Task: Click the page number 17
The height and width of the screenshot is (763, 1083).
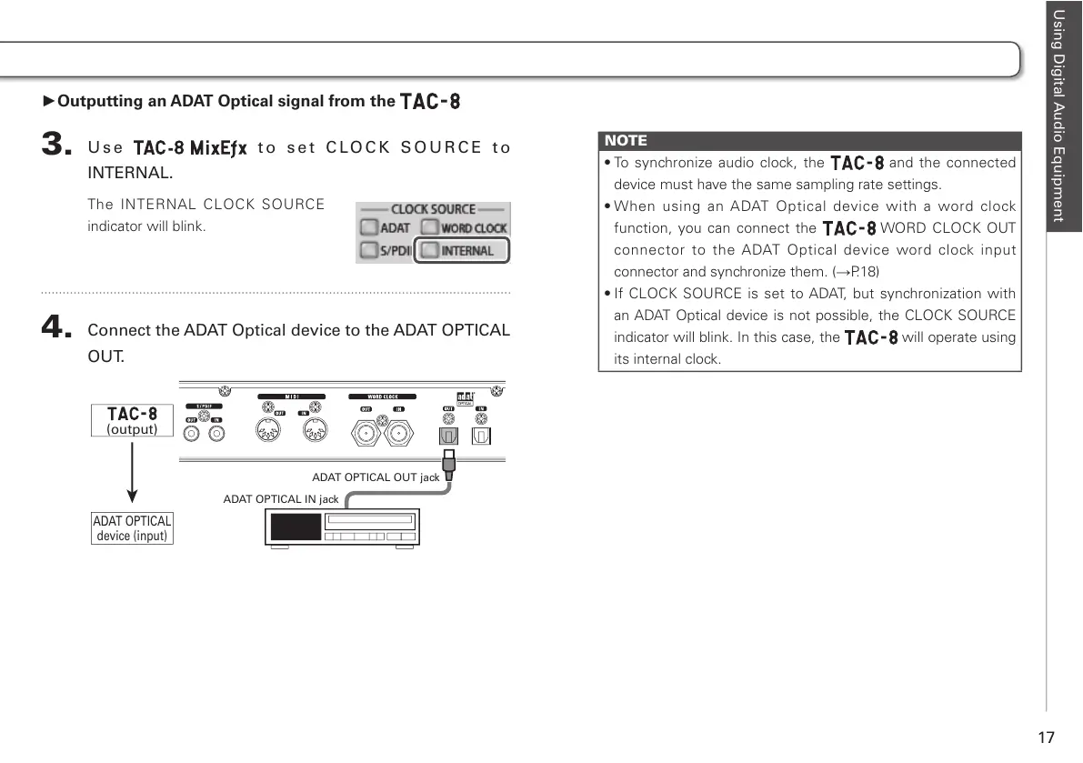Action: coord(1046,737)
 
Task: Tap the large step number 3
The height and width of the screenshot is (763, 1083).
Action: coord(56,146)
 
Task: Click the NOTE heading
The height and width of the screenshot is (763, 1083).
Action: coord(627,140)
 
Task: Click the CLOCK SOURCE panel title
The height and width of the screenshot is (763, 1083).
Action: coord(433,209)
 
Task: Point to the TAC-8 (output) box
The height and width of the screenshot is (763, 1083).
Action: coord(132,420)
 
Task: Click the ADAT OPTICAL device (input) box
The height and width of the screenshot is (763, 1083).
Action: coord(132,528)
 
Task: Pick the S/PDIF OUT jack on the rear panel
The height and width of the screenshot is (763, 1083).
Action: coord(192,434)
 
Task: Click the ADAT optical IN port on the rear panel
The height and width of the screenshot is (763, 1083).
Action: coord(482,436)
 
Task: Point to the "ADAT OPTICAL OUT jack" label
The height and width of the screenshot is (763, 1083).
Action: coord(376,477)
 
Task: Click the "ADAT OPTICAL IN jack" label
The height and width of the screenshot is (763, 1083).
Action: coord(281,499)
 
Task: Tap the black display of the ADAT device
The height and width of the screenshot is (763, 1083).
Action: coord(296,527)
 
